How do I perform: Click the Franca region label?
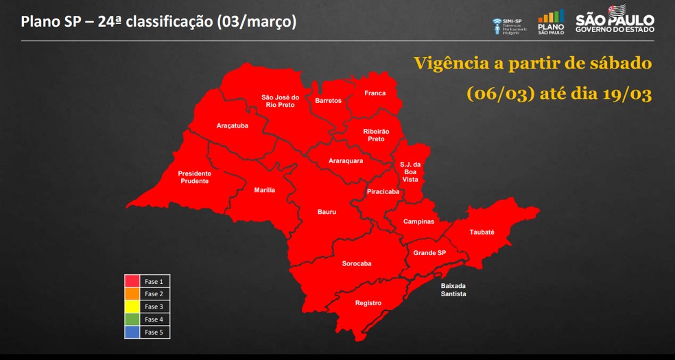click(x=375, y=93)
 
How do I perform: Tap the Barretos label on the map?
click(x=328, y=101)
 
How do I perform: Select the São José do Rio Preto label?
click(x=280, y=101)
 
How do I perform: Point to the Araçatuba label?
click(x=232, y=126)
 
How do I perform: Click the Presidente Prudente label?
click(x=194, y=177)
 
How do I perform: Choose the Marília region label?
click(x=264, y=190)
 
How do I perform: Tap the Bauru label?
click(x=327, y=212)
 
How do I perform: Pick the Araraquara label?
click(x=346, y=160)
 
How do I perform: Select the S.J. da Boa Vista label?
click(x=410, y=171)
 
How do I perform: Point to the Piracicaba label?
click(x=383, y=192)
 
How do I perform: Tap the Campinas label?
click(x=418, y=221)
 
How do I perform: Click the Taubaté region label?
click(x=482, y=232)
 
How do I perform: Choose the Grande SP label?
click(x=429, y=253)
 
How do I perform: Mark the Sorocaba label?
click(x=357, y=263)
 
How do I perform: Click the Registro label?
click(x=368, y=303)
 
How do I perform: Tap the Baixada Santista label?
click(x=453, y=289)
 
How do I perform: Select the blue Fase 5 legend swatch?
click(x=132, y=332)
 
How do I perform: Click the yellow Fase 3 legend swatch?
click(x=132, y=307)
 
